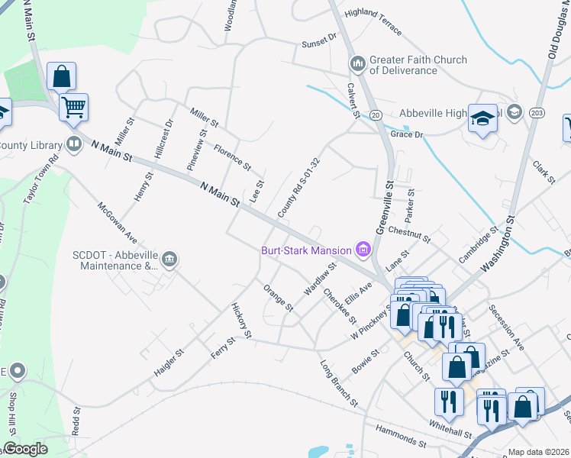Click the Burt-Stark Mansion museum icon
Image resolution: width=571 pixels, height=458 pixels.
(x=363, y=250)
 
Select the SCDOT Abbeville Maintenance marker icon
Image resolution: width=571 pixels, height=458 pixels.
(x=169, y=260)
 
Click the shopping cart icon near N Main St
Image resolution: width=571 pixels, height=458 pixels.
(x=74, y=108)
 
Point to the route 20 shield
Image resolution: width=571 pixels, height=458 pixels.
(x=375, y=114)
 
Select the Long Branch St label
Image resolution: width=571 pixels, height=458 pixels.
(x=339, y=382)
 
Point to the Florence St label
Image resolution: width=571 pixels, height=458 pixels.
(x=232, y=156)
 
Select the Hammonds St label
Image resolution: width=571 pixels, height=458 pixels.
(x=401, y=437)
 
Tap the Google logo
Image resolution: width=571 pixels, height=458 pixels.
(x=25, y=450)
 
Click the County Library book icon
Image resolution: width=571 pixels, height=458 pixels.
(x=74, y=144)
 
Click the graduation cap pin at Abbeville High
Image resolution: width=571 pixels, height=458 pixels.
(x=482, y=118)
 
